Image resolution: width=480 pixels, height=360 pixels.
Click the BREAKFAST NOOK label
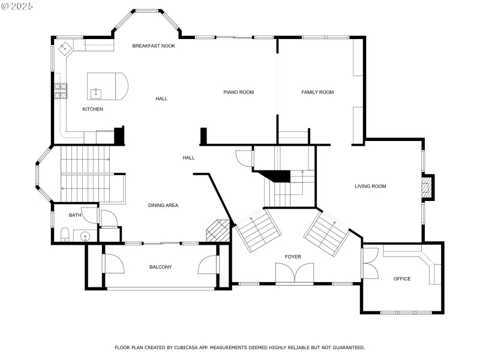[x=154, y=46]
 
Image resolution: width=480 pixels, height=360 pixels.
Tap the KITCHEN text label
[x=92, y=109]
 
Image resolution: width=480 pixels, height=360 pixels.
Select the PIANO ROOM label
[x=239, y=92]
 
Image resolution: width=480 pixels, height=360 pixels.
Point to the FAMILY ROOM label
[x=317, y=92]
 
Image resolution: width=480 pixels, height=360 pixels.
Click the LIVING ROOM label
[x=370, y=187]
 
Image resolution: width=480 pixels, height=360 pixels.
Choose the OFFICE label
[x=402, y=279]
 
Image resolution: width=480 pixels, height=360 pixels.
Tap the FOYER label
[x=293, y=257]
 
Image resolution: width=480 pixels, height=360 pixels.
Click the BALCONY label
[x=161, y=267]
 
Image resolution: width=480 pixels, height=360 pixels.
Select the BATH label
[x=75, y=215]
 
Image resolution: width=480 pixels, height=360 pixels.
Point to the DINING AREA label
[x=163, y=205]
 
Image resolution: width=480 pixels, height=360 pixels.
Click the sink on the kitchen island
[x=95, y=93]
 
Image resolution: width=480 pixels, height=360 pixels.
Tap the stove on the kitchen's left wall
[x=61, y=91]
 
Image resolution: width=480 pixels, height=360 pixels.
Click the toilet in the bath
[x=64, y=234]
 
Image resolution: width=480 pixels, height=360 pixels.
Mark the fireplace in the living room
[x=427, y=187]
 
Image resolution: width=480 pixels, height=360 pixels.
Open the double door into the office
[x=370, y=263]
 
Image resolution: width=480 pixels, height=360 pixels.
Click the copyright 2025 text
[x=18, y=5]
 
